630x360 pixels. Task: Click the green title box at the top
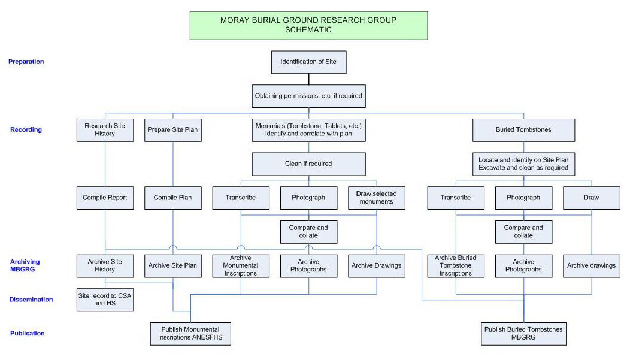pyautogui.click(x=308, y=25)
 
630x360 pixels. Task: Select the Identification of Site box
pyautogui.click(x=308, y=62)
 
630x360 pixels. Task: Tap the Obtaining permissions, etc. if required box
pyautogui.click(x=308, y=96)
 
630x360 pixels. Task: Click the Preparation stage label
pyautogui.click(x=26, y=62)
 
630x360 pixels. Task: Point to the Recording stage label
pyautogui.click(x=26, y=129)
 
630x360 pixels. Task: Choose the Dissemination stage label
pyautogui.click(x=31, y=300)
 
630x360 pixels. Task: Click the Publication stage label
pyautogui.click(x=28, y=333)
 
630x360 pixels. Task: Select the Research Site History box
pyautogui.click(x=105, y=130)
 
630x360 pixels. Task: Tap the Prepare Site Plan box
pyautogui.click(x=172, y=130)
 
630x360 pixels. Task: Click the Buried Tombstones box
pyautogui.click(x=523, y=130)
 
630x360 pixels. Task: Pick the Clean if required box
pyautogui.click(x=308, y=164)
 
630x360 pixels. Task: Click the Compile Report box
pyautogui.click(x=105, y=198)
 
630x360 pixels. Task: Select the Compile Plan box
pyautogui.click(x=172, y=198)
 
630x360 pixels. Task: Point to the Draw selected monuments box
pyautogui.click(x=377, y=198)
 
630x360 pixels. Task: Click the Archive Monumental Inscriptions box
pyautogui.click(x=241, y=265)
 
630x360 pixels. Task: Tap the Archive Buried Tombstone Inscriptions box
pyautogui.click(x=456, y=265)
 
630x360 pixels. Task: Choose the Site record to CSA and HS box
pyautogui.click(x=105, y=300)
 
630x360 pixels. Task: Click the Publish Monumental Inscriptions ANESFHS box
pyautogui.click(x=190, y=334)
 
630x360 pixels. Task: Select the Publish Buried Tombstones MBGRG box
pyautogui.click(x=523, y=334)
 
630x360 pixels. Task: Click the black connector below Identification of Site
pyautogui.click(x=308, y=79)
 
